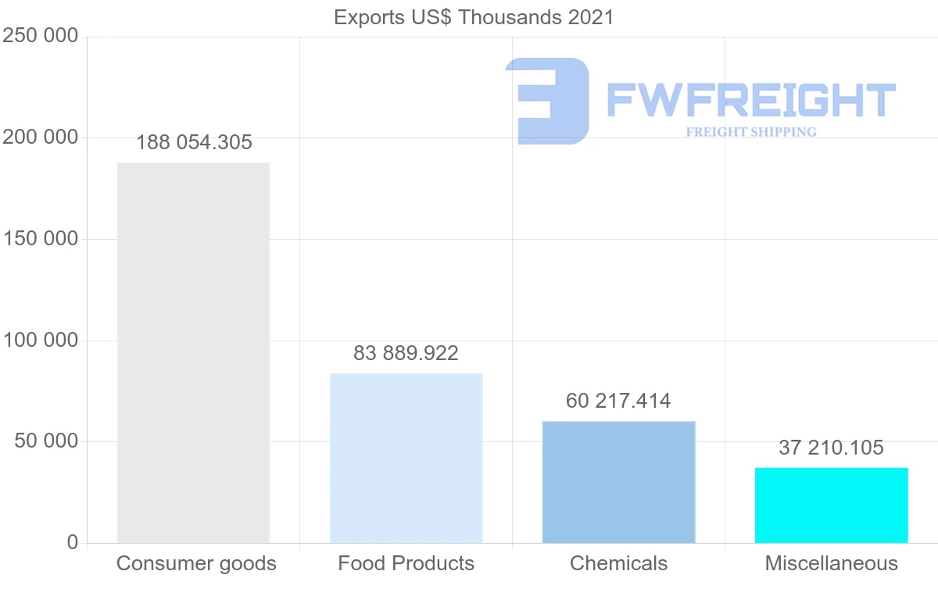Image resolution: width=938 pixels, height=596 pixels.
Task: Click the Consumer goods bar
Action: [193, 352]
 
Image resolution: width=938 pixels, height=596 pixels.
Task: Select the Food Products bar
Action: [406, 458]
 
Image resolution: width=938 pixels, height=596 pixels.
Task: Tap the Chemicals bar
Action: [618, 482]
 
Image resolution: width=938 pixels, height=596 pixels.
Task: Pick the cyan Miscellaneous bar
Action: [831, 505]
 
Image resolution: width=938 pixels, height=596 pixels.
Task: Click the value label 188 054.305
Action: [194, 142]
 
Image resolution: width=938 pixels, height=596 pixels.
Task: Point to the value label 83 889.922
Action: [406, 353]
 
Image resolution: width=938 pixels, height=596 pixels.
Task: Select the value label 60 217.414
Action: [618, 401]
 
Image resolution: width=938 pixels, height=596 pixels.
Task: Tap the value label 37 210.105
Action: [831, 448]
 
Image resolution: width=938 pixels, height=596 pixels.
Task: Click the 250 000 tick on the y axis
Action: [41, 36]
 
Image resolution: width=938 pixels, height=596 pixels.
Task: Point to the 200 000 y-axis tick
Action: [41, 137]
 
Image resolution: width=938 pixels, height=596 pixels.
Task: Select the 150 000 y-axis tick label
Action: [41, 239]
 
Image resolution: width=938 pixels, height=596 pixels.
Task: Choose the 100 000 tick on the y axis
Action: [41, 341]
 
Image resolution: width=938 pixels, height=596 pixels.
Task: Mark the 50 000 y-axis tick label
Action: [46, 441]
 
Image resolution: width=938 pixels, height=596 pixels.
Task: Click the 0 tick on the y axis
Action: [73, 542]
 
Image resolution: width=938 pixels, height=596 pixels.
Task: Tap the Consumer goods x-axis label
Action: [196, 563]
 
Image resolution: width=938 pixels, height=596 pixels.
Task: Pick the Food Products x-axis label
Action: [406, 563]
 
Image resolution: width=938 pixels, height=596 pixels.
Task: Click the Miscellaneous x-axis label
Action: [832, 563]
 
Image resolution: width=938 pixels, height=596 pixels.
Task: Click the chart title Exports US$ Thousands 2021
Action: [474, 17]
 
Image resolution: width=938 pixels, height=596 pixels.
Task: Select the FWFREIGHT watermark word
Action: [750, 101]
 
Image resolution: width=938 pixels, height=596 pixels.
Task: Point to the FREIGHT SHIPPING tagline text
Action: [751, 132]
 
